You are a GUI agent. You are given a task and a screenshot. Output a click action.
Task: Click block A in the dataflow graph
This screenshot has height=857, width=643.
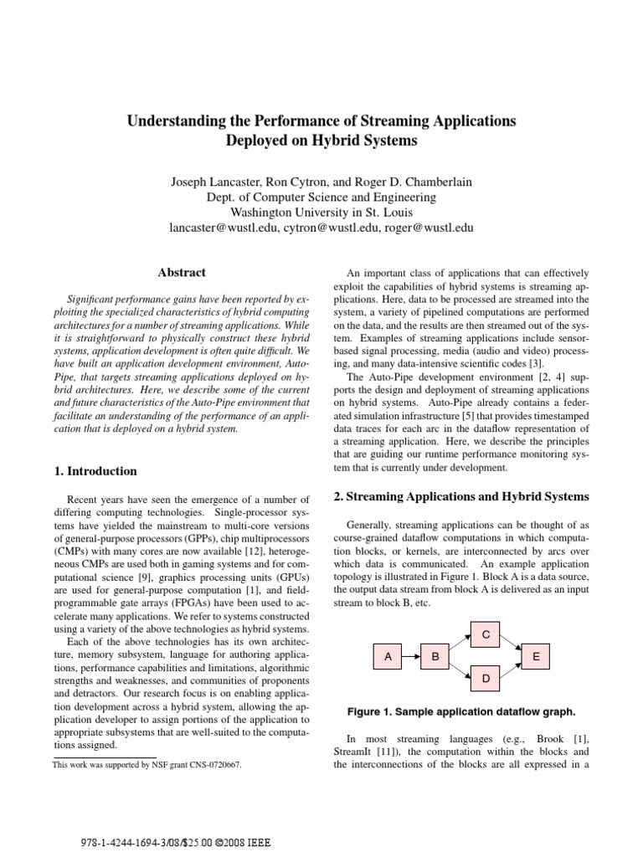point(388,657)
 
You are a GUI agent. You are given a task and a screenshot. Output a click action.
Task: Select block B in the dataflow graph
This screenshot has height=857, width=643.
point(435,657)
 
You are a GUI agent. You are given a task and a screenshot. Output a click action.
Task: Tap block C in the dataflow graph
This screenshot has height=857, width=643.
point(486,635)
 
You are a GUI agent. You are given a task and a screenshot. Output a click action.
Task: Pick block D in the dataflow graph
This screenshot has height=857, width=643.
point(486,680)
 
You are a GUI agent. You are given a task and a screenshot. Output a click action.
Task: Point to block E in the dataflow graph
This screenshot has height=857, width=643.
point(536,657)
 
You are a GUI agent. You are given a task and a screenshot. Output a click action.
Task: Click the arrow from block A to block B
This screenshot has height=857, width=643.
point(411,657)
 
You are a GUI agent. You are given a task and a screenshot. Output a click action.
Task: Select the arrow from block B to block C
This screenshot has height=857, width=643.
point(460,645)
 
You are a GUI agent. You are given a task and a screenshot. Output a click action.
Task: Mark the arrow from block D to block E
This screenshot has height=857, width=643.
point(511,669)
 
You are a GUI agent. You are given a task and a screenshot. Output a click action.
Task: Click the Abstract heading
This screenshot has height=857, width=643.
point(182,272)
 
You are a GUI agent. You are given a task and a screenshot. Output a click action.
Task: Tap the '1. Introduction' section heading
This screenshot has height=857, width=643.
point(95,471)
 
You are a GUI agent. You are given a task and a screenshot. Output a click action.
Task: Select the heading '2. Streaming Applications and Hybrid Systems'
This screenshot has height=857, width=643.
point(461,496)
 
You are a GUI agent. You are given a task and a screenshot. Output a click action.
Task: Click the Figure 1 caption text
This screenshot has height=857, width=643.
point(461,712)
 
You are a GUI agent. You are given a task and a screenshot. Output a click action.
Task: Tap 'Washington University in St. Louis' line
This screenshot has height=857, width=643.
point(321,212)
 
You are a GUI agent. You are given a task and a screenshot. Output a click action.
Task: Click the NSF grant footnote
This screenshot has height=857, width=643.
point(147,764)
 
